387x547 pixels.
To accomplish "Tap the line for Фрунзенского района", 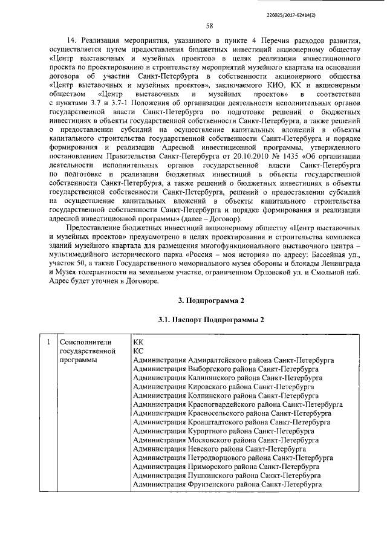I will coord(227,485).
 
